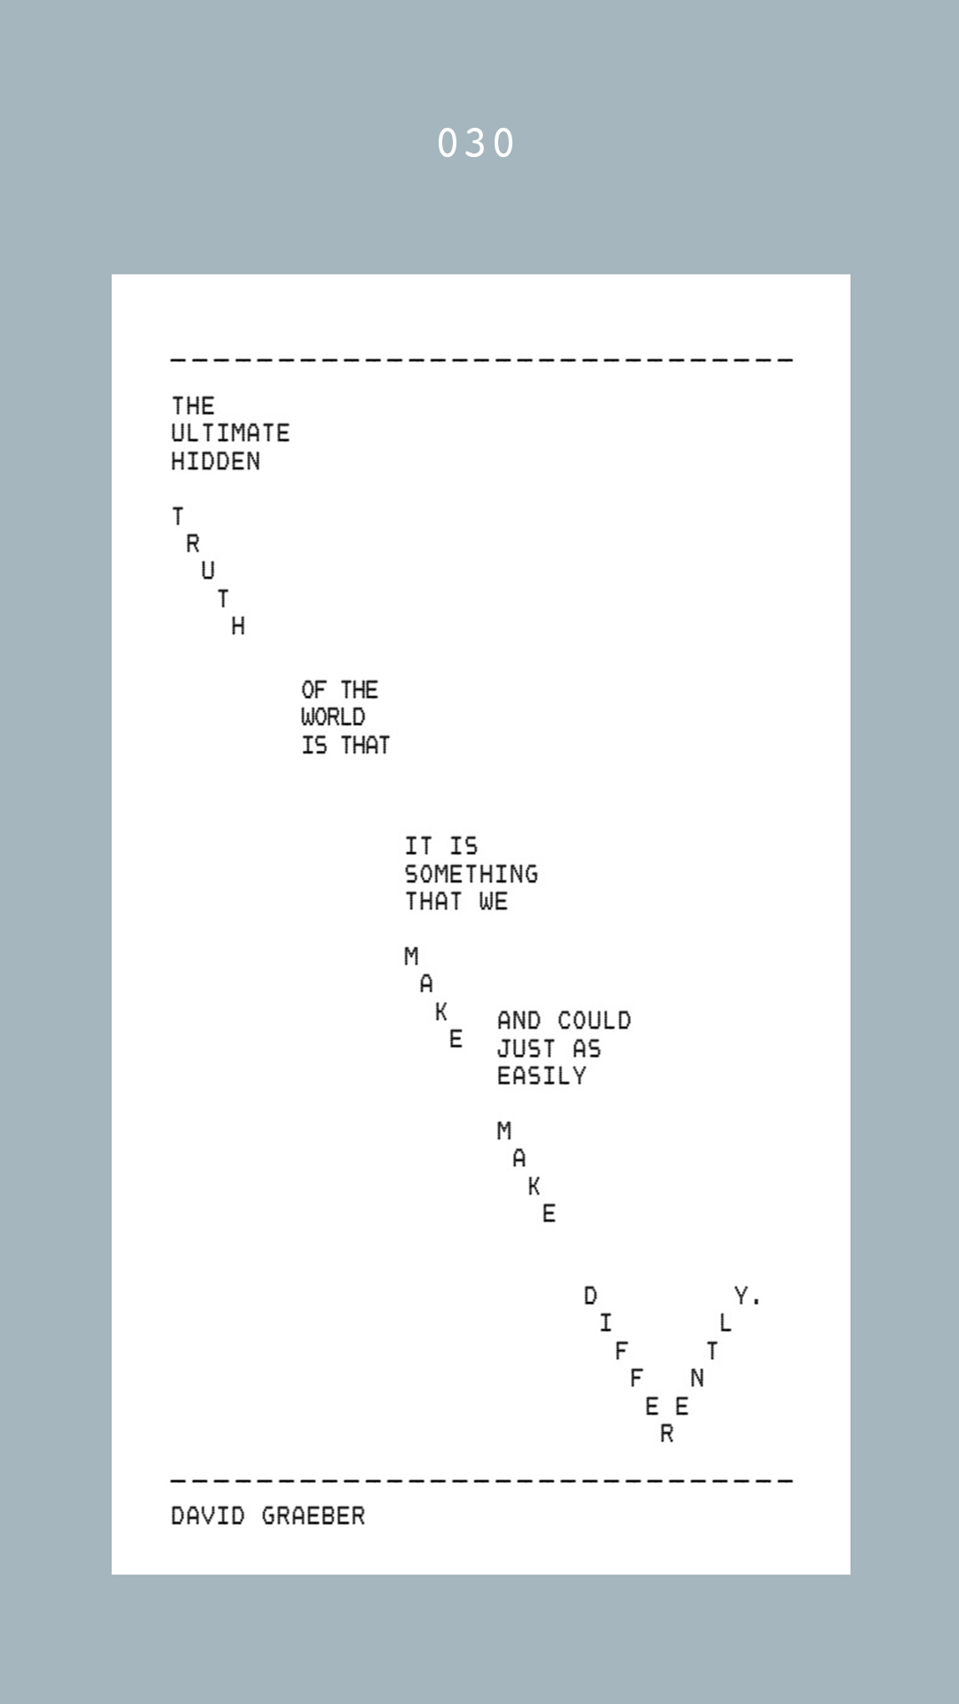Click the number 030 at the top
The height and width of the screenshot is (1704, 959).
[x=476, y=144]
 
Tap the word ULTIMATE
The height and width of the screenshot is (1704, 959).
[x=230, y=433]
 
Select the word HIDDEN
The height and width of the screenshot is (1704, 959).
[x=216, y=461]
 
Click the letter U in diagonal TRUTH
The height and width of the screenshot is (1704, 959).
[x=208, y=571]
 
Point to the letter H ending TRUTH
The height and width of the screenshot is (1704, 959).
[x=238, y=627]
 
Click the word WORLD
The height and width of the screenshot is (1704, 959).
[x=333, y=717]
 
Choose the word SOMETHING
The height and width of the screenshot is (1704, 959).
[x=472, y=874]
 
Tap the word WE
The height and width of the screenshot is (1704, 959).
[x=494, y=902]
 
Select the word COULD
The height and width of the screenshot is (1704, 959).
[x=594, y=1021]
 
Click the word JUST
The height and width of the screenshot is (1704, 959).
[x=527, y=1049]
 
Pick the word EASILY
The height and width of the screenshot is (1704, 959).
[x=542, y=1077]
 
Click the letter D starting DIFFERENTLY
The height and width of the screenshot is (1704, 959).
[x=590, y=1296]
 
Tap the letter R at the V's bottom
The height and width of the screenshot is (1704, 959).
[x=667, y=1433]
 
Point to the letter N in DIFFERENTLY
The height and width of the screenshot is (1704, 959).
[x=697, y=1378]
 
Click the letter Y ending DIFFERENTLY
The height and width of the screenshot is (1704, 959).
[x=741, y=1296]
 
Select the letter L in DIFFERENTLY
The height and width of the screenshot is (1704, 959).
[x=725, y=1323]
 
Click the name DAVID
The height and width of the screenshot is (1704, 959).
[x=208, y=1516]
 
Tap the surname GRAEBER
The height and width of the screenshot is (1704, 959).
[x=313, y=1516]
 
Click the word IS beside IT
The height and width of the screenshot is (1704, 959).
[x=464, y=847]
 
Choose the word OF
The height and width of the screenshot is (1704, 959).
[x=313, y=690]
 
